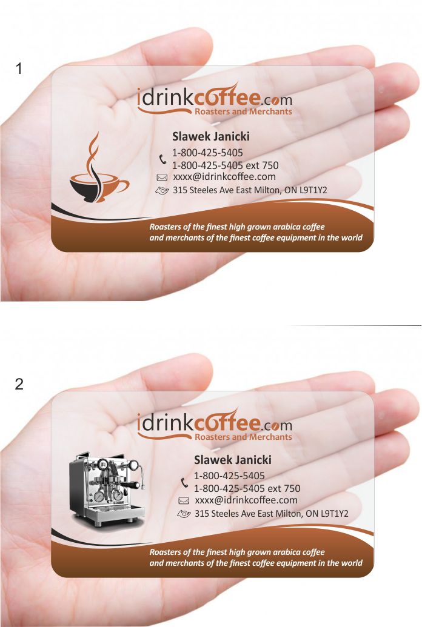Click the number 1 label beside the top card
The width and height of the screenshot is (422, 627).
pos(19,68)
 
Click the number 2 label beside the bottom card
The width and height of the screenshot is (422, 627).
pos(19,384)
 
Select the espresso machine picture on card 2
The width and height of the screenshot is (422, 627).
pos(107,489)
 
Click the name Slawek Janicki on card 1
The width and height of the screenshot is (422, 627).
pos(211,136)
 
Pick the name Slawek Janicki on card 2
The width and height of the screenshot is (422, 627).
pos(233,460)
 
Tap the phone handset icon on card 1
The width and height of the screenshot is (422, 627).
pos(162,159)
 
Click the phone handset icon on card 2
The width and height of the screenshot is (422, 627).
pos(184,483)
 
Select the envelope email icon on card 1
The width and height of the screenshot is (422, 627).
pos(162,177)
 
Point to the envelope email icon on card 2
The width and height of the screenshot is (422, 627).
pos(183,500)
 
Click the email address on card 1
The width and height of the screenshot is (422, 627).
pos(224,177)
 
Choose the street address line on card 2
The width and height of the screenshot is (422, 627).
pos(272,514)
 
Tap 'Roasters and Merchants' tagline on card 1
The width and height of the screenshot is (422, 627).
pos(243,111)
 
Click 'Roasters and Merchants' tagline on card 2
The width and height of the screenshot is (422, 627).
pos(243,437)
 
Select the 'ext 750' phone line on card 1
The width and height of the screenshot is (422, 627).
pos(226,165)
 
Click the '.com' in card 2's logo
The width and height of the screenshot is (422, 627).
pos(277,425)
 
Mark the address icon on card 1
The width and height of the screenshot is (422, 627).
pos(162,190)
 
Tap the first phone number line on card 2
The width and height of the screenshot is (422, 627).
pos(229,476)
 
